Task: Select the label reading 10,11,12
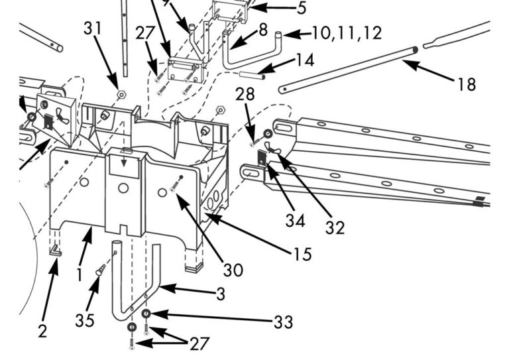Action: click(x=346, y=32)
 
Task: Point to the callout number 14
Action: click(x=305, y=60)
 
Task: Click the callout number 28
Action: click(x=245, y=94)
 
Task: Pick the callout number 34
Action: click(x=295, y=219)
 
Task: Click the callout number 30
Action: click(x=233, y=269)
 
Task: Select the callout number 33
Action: click(x=283, y=322)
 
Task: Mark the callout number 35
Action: click(x=85, y=320)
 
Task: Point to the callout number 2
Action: click(x=42, y=331)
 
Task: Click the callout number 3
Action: click(x=220, y=293)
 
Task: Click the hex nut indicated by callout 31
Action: click(x=121, y=94)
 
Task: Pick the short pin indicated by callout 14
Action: click(x=253, y=75)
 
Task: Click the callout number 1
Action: click(x=80, y=273)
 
